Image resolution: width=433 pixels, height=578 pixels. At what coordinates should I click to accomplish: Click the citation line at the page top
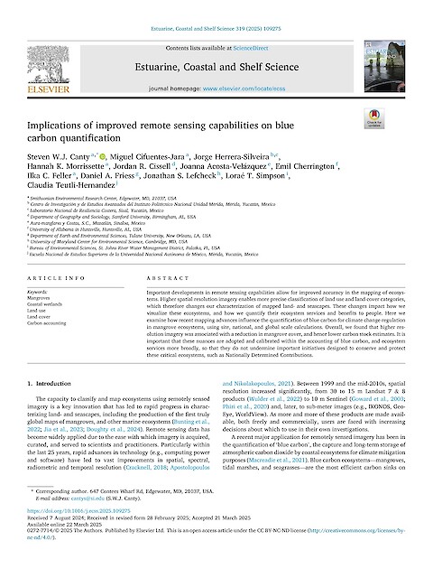pos(216,7)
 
